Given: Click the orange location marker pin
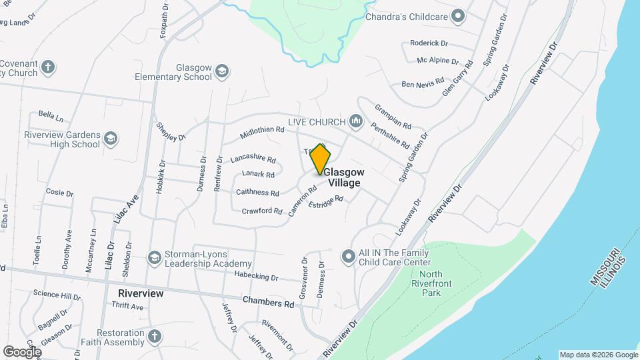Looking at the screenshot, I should tap(320, 159).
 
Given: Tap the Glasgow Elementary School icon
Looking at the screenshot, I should tap(222, 72).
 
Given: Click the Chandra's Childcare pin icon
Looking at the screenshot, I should tap(457, 16).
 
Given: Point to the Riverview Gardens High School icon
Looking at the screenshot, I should tap(110, 139).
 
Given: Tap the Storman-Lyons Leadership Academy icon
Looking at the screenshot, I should tap(155, 257).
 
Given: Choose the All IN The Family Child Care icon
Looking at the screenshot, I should tap(348, 257).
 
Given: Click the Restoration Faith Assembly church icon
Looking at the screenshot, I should tap(155, 337).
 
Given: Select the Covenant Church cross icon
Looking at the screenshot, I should tap(47, 67).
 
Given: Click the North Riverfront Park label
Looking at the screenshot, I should tap(431, 283).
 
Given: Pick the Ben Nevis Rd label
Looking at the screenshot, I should tap(422, 84).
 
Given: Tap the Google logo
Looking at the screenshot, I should tap(22, 351).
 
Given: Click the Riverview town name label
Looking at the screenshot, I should tap(141, 293).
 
